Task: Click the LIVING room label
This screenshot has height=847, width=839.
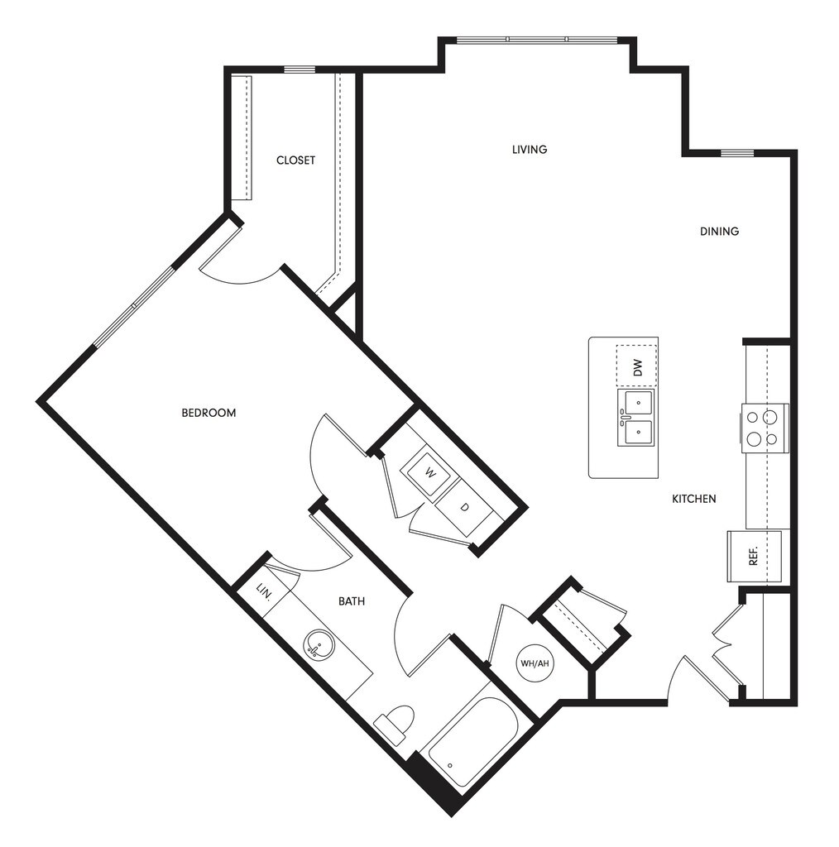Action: point(530,150)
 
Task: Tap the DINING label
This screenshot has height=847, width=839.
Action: point(719,232)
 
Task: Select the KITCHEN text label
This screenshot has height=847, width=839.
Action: point(693,499)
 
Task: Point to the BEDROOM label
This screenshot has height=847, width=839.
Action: point(209,413)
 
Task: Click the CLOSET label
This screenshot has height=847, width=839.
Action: point(295,160)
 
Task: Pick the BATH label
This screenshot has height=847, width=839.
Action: point(352,601)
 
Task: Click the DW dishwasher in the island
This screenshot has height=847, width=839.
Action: point(636,365)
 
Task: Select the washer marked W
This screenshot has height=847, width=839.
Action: point(429,472)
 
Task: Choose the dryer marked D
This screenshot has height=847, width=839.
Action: point(464,505)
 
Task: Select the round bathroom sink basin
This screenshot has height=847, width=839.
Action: point(319,645)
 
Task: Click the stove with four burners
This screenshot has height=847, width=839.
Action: point(764,428)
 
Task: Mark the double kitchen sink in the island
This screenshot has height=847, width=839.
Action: point(635,418)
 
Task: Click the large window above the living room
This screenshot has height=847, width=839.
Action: point(537,40)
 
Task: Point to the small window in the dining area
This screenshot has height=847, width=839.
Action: point(736,153)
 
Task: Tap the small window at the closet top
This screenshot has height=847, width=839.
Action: point(300,69)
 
